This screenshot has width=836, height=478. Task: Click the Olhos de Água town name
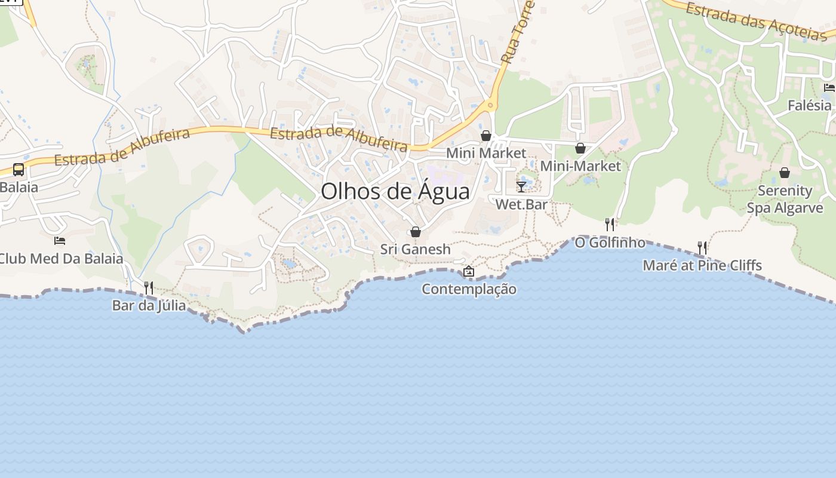(x=395, y=191)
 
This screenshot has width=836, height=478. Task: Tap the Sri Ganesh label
(x=416, y=249)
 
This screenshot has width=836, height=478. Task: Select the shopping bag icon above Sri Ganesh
(x=416, y=232)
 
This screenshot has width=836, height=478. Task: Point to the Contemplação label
(x=469, y=289)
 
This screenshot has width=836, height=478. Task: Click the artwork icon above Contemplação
(x=469, y=272)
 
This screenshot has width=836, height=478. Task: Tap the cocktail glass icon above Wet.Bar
(x=521, y=187)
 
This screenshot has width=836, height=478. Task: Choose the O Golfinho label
(x=610, y=243)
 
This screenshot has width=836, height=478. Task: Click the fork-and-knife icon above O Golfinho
(x=610, y=225)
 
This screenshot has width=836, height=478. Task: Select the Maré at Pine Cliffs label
(x=702, y=265)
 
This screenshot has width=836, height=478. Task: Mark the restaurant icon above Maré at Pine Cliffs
(x=702, y=247)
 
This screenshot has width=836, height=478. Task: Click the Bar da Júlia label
(x=149, y=306)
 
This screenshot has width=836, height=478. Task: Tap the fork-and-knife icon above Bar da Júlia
(x=149, y=288)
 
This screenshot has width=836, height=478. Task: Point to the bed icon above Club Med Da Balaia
(x=60, y=241)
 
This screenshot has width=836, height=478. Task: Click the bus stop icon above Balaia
(x=19, y=170)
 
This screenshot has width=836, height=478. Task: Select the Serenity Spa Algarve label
(x=785, y=200)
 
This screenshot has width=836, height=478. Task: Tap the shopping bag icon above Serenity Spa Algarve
(x=785, y=173)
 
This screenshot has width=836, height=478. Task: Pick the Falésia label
(x=809, y=106)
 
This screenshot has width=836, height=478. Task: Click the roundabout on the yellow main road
(x=490, y=106)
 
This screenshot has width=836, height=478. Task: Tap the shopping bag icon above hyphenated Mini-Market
(x=580, y=148)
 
